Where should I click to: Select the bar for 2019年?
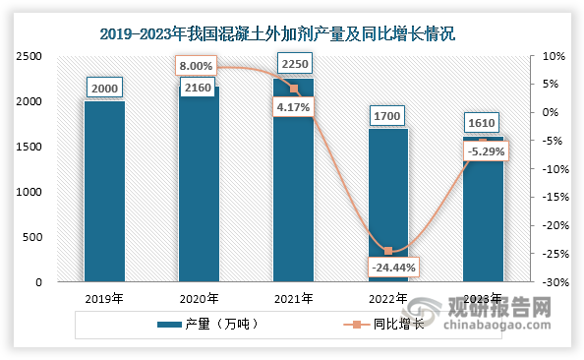pos(104,192)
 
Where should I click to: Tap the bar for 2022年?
pos(388,206)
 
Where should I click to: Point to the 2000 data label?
pos(105,88)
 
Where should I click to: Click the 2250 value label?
pos(294,64)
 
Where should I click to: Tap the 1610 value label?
pos(483,123)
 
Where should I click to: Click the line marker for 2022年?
pos(388,251)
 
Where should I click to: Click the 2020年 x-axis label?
pos(199,299)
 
